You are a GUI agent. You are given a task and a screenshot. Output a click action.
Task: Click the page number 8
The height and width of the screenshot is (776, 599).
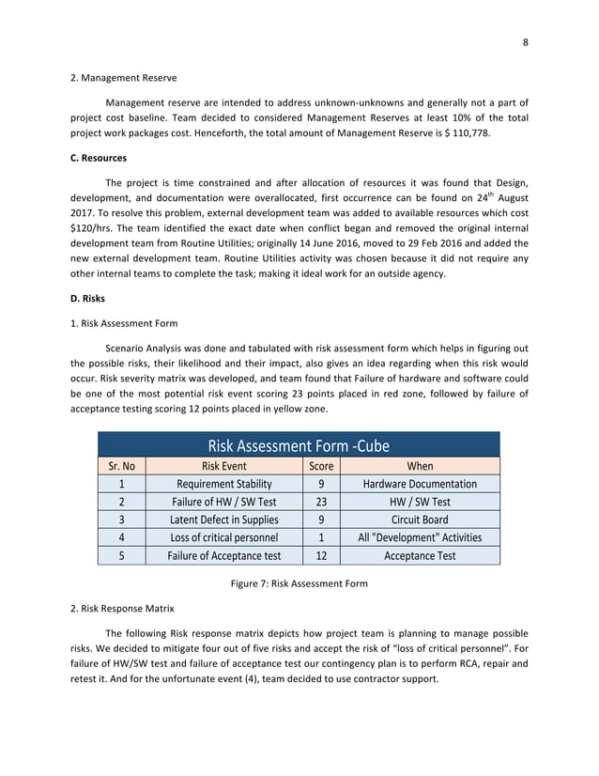[525, 41]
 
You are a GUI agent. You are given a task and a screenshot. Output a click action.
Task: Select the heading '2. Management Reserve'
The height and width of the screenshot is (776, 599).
[116, 77]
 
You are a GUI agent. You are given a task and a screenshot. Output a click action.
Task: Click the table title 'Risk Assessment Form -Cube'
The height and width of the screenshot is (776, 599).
[299, 445]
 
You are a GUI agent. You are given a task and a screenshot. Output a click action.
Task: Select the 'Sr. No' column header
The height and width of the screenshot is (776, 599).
[122, 466]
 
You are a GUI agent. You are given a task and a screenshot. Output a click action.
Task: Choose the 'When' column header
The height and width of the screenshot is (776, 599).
[420, 466]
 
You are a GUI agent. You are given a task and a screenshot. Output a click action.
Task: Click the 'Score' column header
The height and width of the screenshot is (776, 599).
[321, 466]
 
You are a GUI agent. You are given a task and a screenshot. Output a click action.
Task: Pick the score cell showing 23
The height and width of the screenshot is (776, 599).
[321, 502]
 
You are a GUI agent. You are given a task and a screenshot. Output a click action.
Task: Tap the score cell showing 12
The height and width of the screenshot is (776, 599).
[321, 555]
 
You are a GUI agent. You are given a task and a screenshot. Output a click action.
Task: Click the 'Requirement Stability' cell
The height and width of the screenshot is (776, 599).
[224, 484]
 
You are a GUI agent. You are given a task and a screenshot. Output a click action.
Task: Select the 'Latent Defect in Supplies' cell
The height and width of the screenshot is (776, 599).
[224, 520]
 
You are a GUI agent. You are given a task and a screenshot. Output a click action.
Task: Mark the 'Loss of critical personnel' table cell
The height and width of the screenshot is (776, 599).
[224, 537]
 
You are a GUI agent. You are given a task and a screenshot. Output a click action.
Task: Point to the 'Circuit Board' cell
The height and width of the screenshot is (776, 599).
[420, 520]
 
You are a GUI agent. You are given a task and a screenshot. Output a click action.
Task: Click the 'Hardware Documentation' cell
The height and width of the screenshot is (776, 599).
[420, 484]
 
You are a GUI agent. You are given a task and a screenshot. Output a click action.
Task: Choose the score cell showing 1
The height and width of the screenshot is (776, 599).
[321, 537]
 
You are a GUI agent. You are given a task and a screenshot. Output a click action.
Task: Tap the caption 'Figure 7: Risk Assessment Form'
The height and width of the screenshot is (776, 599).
[299, 584]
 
